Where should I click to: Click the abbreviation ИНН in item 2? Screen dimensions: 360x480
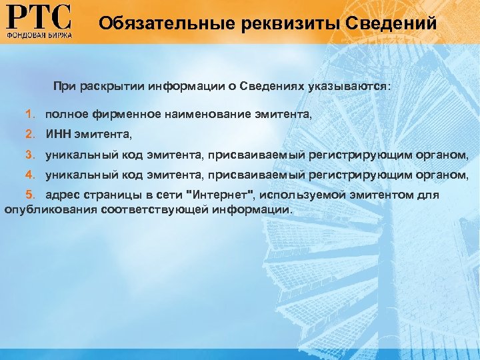[56, 135]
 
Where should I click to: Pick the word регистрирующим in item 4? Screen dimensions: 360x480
[357, 175]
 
